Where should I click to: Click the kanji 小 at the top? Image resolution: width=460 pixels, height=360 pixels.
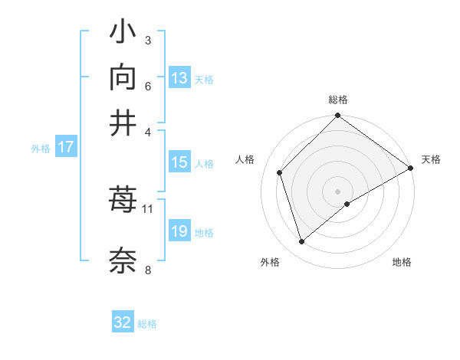pyautogui.click(x=123, y=34)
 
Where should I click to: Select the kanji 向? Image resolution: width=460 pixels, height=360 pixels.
pyautogui.click(x=123, y=78)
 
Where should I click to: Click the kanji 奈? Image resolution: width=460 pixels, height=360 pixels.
pyautogui.click(x=123, y=260)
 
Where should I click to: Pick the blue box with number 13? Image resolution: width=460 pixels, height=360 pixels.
pyautogui.click(x=179, y=78)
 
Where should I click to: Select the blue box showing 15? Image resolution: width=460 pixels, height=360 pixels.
pyautogui.click(x=179, y=162)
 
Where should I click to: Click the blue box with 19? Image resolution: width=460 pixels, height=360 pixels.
pyautogui.click(x=179, y=232)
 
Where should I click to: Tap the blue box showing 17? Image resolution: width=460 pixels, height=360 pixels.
pyautogui.click(x=66, y=148)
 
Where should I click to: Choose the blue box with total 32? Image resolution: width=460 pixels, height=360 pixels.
pyautogui.click(x=123, y=322)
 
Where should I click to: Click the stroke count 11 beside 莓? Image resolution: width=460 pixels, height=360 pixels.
pyautogui.click(x=148, y=208)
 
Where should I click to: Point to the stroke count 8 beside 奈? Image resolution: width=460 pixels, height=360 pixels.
pyautogui.click(x=148, y=269)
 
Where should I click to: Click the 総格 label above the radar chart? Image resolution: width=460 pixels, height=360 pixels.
pyautogui.click(x=338, y=100)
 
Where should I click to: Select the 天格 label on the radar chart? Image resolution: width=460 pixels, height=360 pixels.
pyautogui.click(x=431, y=159)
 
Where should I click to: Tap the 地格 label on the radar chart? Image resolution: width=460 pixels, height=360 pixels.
pyautogui.click(x=402, y=262)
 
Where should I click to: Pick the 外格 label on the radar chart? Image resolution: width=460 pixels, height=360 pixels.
pyautogui.click(x=270, y=262)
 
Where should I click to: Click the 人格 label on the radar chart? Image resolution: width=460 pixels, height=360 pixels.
pyautogui.click(x=245, y=159)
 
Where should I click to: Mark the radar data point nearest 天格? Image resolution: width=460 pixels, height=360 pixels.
pyautogui.click(x=411, y=169)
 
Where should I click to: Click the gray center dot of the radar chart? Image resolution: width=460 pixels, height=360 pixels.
pyautogui.click(x=338, y=191)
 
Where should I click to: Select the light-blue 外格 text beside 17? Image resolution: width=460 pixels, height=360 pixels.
pyautogui.click(x=41, y=149)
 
